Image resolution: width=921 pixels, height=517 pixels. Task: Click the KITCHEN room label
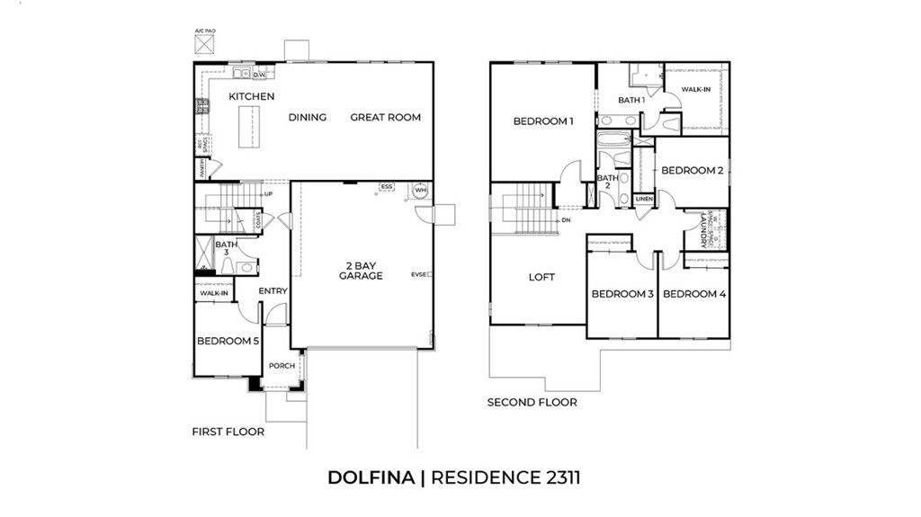coord(251,96)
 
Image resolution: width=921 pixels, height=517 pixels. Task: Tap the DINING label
coord(307,117)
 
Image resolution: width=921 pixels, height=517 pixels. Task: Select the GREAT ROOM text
coord(385,117)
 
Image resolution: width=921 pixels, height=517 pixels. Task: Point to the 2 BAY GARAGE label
coord(361,270)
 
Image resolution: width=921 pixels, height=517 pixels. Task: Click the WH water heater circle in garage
coord(420,191)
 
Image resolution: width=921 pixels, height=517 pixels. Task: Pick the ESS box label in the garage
coord(387,187)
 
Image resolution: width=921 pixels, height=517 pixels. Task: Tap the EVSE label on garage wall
coord(420,274)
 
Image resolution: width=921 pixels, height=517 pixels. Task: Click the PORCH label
coord(282,366)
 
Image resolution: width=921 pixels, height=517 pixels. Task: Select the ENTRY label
coord(273,291)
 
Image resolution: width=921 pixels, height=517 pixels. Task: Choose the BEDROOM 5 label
coord(228,342)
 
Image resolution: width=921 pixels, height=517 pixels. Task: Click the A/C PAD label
coord(206,31)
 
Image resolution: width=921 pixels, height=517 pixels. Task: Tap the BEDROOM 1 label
coord(542,121)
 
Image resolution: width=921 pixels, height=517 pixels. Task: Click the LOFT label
coord(541,277)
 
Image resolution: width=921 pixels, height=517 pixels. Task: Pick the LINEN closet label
coord(644,200)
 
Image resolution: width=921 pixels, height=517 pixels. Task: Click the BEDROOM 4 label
coord(693,294)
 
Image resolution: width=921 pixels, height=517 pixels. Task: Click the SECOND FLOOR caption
coord(532,402)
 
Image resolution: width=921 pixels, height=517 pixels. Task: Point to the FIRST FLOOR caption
coord(228,432)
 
